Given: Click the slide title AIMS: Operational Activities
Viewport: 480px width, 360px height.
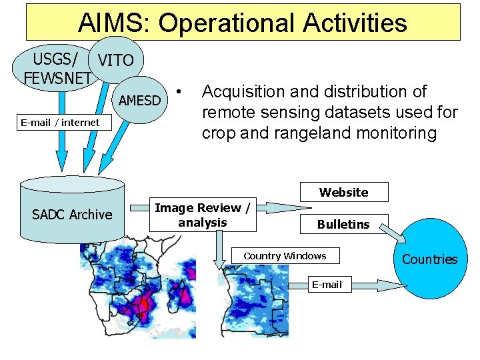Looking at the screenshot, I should [243, 23].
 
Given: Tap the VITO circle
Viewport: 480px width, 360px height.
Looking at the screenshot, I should [115, 60].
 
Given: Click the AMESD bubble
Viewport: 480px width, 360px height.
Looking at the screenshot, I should [139, 101].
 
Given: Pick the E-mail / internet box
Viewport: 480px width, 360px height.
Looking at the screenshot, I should [60, 122].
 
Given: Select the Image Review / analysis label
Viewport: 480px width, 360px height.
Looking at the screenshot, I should [203, 215].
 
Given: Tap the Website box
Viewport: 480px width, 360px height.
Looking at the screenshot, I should [343, 192].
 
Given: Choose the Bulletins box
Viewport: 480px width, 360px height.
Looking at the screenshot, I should [343, 224].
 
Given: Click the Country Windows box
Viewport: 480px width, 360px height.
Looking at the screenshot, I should [285, 256].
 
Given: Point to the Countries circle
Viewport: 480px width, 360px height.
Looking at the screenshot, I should [429, 259].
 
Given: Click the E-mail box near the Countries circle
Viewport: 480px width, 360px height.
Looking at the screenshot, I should [327, 285].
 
